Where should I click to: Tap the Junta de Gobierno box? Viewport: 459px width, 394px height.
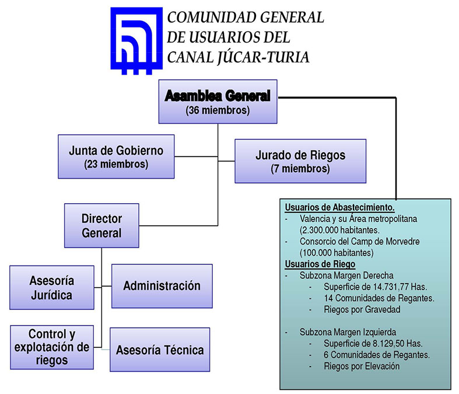pos(116,156)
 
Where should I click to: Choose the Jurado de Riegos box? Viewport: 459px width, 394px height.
pos(300,161)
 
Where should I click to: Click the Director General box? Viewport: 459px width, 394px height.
pos(101,225)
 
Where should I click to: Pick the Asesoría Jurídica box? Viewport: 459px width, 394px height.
pos(51,287)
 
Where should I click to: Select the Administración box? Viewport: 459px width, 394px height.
pos(162,286)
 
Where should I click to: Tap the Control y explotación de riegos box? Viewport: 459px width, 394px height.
pos(51,347)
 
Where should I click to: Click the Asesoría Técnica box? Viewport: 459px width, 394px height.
pos(159,350)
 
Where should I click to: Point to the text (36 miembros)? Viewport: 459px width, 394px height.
pos(218,110)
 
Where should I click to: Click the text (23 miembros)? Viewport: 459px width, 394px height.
pos(116,164)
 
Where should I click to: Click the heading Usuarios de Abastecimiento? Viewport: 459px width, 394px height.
pos(339,208)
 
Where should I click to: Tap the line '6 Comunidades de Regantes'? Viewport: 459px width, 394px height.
pos(376,355)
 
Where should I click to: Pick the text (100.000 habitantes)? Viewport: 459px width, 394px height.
pos(336,253)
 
